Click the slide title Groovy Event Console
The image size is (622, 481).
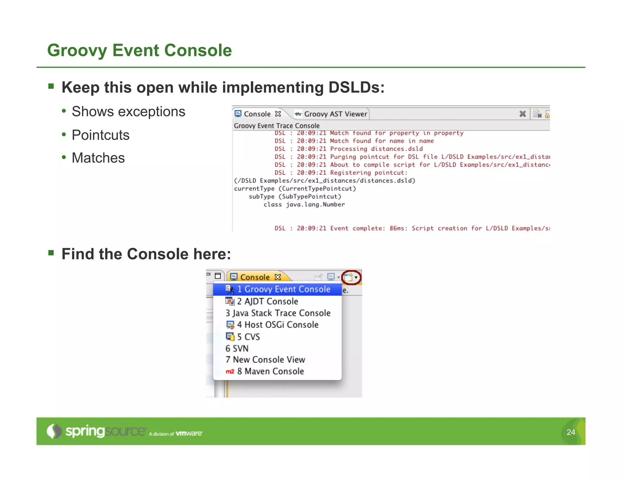(x=139, y=50)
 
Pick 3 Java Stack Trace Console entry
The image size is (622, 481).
(x=278, y=313)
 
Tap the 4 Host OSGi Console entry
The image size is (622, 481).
(x=278, y=325)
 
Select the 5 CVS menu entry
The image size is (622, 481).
(x=248, y=337)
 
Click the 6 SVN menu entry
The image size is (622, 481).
(x=237, y=348)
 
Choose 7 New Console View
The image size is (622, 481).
(x=265, y=360)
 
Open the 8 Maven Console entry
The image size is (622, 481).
(x=270, y=371)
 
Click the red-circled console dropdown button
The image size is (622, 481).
(x=351, y=277)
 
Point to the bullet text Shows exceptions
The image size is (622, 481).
(x=128, y=112)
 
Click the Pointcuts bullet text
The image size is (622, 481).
(x=101, y=135)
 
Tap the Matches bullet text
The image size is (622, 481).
(x=98, y=158)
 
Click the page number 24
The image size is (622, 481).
(x=571, y=432)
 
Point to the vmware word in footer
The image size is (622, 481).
(x=189, y=433)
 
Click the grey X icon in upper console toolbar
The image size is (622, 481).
(x=522, y=114)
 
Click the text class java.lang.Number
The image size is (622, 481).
(x=304, y=205)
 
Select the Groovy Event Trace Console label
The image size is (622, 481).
(x=276, y=126)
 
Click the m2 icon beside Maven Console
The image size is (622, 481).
(x=230, y=372)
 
